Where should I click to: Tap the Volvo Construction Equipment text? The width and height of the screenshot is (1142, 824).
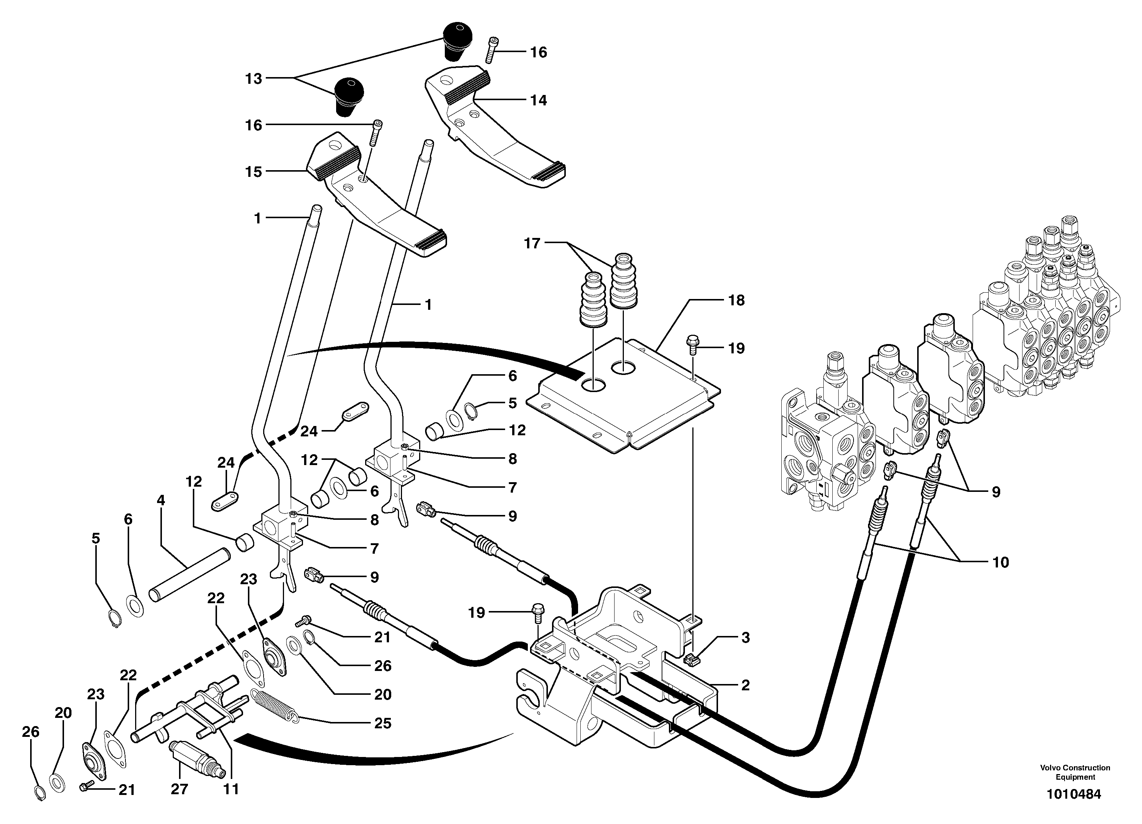pos(1075,772)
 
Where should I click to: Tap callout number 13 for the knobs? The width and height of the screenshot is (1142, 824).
pos(254,79)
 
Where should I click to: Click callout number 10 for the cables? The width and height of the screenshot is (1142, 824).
pos(1001,562)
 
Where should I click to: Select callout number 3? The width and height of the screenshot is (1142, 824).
pos(746,638)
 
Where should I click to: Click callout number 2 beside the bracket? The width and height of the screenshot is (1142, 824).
pos(746,685)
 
